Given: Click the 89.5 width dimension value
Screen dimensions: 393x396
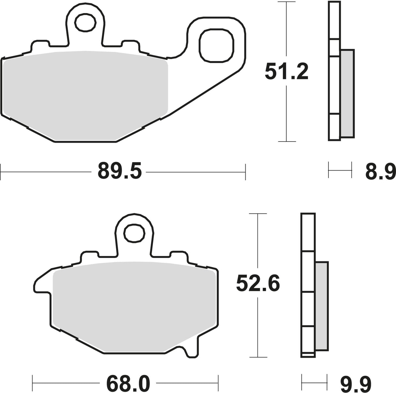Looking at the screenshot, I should coord(120,171).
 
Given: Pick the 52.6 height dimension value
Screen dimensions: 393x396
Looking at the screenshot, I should coord(258,284).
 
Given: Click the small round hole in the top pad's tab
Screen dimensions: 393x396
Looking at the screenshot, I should coord(85,23).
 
